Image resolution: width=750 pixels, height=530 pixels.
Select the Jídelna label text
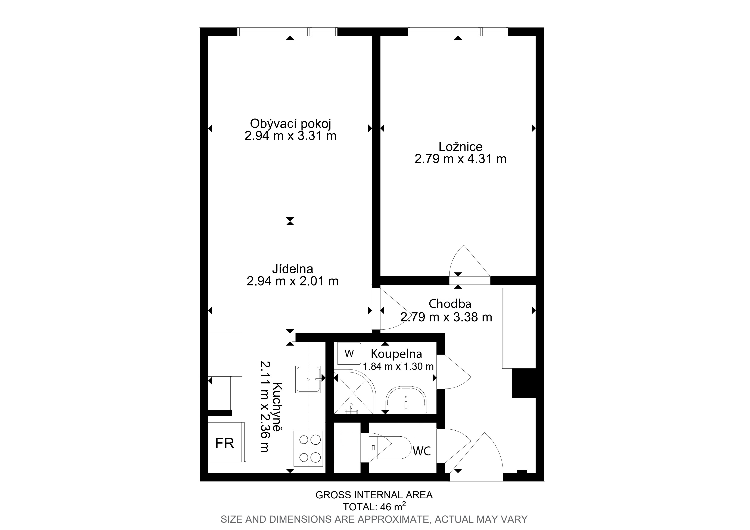292,269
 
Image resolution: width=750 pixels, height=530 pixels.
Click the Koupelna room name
396,354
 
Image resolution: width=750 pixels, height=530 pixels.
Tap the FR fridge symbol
225,443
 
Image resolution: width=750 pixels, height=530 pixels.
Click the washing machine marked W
349,353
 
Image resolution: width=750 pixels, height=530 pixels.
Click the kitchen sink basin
308,379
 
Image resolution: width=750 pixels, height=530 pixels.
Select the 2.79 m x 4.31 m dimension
460,159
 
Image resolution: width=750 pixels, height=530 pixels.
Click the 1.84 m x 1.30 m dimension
398,366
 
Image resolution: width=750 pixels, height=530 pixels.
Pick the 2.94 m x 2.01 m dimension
292,281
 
